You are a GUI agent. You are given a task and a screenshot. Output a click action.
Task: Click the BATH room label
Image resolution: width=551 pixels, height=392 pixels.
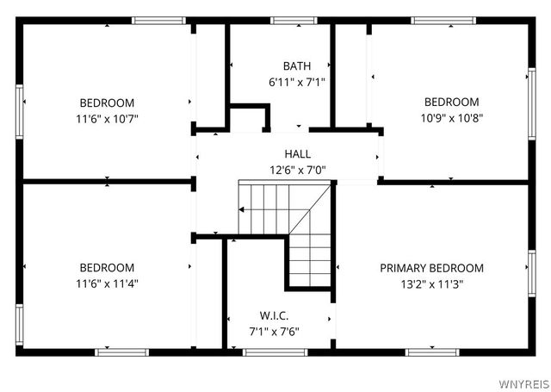pos(296,66)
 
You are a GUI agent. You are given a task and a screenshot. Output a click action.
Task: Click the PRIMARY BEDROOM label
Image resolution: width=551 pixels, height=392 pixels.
pos(431,268)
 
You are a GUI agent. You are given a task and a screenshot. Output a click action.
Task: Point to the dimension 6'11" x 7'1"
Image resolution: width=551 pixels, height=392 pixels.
pos(296,83)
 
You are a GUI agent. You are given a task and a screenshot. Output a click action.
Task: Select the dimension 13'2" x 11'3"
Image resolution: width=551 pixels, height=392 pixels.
pos(431,284)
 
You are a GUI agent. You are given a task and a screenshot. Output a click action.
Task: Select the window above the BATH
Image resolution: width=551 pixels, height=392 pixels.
pos(294,20)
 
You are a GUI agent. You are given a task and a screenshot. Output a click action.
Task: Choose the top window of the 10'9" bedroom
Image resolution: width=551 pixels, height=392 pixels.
pos(438,20)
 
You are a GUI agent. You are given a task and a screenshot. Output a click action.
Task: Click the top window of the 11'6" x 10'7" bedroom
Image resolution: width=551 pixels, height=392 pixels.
pos(158,20)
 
